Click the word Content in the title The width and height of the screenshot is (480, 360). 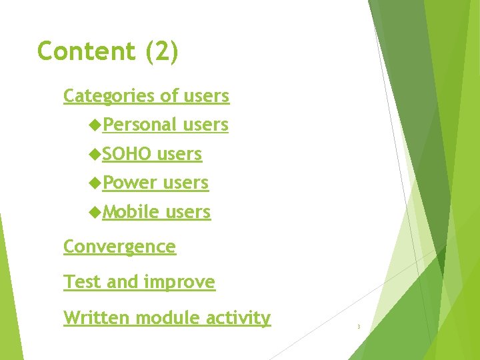click(x=87, y=51)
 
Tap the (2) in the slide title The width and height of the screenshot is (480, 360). click(x=161, y=52)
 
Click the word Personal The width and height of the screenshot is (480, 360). click(x=139, y=125)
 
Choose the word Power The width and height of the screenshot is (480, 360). click(x=130, y=183)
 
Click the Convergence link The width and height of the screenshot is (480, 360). click(x=119, y=247)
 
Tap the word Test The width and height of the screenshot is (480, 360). click(x=83, y=282)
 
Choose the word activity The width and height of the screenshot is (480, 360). click(x=238, y=319)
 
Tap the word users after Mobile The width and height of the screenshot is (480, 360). click(x=187, y=213)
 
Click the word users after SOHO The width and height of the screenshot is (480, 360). click(x=179, y=155)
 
